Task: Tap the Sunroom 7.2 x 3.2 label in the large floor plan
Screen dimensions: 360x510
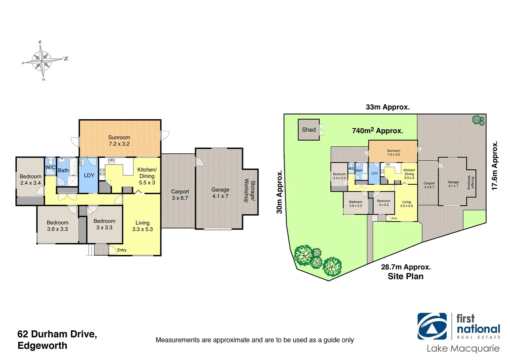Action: (119, 141)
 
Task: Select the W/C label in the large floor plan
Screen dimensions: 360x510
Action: (50, 167)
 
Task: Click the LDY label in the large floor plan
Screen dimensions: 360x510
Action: (89, 175)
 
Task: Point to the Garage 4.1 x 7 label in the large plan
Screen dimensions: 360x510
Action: (220, 193)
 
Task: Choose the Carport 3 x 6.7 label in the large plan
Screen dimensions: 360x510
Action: (180, 195)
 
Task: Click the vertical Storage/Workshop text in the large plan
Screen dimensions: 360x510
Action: (249, 191)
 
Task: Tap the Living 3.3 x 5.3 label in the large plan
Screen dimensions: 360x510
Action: (142, 226)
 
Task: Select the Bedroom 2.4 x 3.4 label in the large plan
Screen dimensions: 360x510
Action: (30, 180)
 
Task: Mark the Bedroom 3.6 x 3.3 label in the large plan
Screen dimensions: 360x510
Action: (57, 226)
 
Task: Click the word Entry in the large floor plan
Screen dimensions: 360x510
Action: (122, 250)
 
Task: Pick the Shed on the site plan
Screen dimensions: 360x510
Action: (309, 130)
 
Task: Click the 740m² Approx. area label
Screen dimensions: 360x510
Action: (377, 131)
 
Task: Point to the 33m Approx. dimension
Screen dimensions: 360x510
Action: (388, 107)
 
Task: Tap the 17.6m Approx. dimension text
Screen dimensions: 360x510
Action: (495, 166)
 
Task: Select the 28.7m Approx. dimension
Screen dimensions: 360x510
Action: (406, 267)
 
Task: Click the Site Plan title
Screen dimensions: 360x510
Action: (406, 276)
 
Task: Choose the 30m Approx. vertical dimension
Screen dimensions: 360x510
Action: (279, 192)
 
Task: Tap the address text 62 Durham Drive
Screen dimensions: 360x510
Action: (57, 334)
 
